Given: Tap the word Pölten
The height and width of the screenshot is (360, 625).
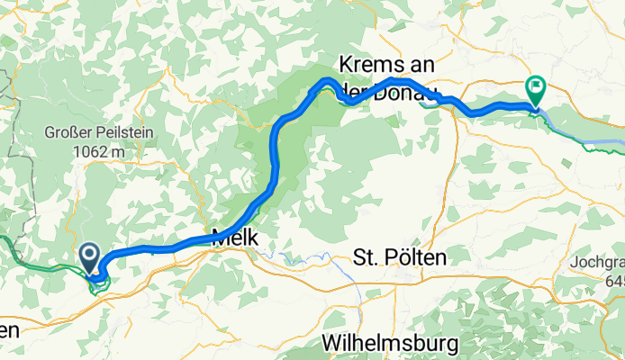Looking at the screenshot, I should (x=414, y=258).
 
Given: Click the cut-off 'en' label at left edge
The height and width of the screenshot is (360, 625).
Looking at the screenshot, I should (x=8, y=330).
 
